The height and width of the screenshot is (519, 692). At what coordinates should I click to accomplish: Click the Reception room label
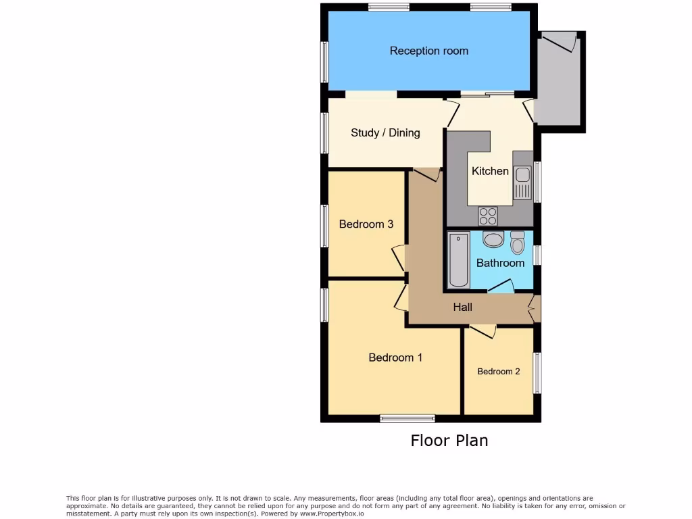(428, 51)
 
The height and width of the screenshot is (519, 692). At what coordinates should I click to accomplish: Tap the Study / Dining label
(385, 132)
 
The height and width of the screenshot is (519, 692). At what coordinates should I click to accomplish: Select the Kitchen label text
(490, 171)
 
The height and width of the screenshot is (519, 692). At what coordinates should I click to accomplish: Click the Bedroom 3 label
(366, 224)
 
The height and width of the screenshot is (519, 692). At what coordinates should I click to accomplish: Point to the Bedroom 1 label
(395, 357)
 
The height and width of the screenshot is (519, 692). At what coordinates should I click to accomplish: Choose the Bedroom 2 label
(499, 371)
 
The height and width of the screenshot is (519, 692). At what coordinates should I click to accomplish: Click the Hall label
(463, 307)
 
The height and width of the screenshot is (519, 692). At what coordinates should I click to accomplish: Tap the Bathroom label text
(500, 263)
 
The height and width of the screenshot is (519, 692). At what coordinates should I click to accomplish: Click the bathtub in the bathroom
(459, 259)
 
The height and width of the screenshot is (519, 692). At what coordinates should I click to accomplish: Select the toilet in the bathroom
(518, 241)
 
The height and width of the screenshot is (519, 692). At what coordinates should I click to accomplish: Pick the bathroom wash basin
(493, 239)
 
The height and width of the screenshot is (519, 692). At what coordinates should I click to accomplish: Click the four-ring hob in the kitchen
(488, 216)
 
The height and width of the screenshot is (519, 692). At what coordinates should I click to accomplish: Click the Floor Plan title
(449, 441)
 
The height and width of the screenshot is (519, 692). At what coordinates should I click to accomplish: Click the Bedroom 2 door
(483, 330)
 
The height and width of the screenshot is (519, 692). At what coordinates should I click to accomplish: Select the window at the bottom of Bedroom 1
(407, 418)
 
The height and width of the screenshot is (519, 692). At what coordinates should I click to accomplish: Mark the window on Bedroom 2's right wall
(537, 372)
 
